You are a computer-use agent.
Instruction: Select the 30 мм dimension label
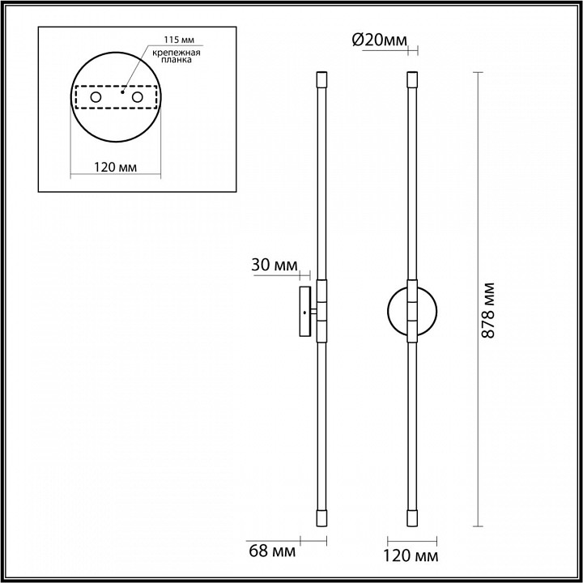pyautogui.click(x=274, y=266)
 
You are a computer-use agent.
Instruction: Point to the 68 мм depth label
pyautogui.click(x=272, y=555)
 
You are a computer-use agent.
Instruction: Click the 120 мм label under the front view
pyautogui.click(x=413, y=556)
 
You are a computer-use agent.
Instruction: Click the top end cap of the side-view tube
pyautogui.click(x=321, y=79)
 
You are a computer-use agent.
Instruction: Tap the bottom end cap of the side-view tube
pyautogui.click(x=321, y=517)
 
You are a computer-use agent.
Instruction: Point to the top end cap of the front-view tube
pyautogui.click(x=413, y=79)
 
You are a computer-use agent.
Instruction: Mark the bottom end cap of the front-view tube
pyautogui.click(x=413, y=517)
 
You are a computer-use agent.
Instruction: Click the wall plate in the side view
pyautogui.click(x=305, y=311)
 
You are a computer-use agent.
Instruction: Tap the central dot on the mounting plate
pyautogui.click(x=121, y=92)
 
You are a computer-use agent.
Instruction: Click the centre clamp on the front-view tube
pyautogui.click(x=413, y=311)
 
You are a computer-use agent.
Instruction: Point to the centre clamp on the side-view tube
pyautogui.click(x=321, y=311)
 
